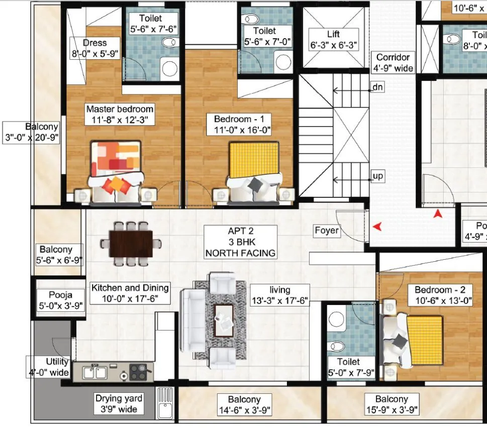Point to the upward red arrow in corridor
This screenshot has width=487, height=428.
pyautogui.click(x=439, y=213)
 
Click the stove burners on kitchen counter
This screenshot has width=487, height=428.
pyautogui.click(x=138, y=372)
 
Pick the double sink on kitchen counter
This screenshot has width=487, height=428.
pyautogui.click(x=93, y=373)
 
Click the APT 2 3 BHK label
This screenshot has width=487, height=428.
pyautogui.click(x=240, y=242)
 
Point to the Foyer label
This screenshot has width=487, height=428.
pyautogui.click(x=327, y=231)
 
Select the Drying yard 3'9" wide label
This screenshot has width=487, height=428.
pyautogui.click(x=119, y=403)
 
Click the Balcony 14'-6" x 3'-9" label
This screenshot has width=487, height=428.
pyautogui.click(x=244, y=405)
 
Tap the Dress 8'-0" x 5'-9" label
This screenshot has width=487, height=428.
pyautogui.click(x=95, y=48)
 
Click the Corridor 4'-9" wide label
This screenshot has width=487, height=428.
pyautogui.click(x=393, y=62)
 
